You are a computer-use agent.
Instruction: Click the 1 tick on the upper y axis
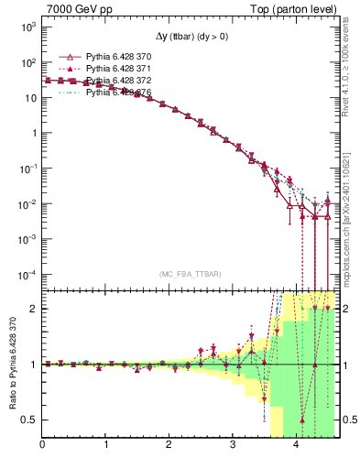33,133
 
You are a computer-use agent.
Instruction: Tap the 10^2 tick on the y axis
27,62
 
